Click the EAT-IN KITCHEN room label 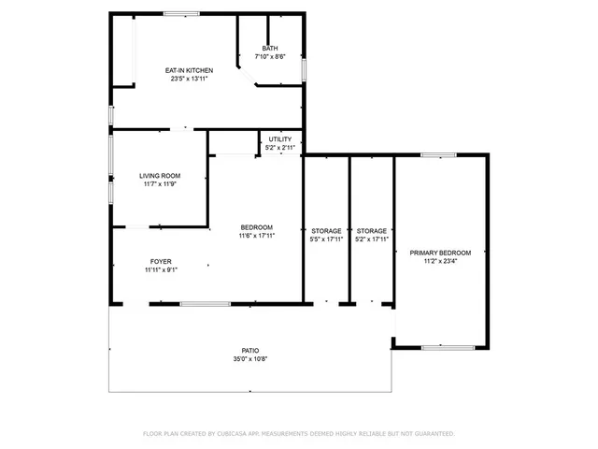click(190, 70)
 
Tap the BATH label click(269, 48)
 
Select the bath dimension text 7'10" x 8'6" click(269, 56)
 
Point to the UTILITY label click(279, 139)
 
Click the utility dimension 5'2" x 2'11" click(279, 148)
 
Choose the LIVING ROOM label click(160, 176)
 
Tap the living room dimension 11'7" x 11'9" click(160, 184)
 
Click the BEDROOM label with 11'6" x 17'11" click(256, 227)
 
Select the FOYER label click(161, 261)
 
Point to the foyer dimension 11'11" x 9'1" click(161, 269)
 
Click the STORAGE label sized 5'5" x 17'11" click(326, 230)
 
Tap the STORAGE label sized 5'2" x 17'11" click(371, 230)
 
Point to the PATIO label click(249, 351)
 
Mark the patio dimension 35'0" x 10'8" click(249, 359)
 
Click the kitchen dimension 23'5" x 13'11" click(190, 79)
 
